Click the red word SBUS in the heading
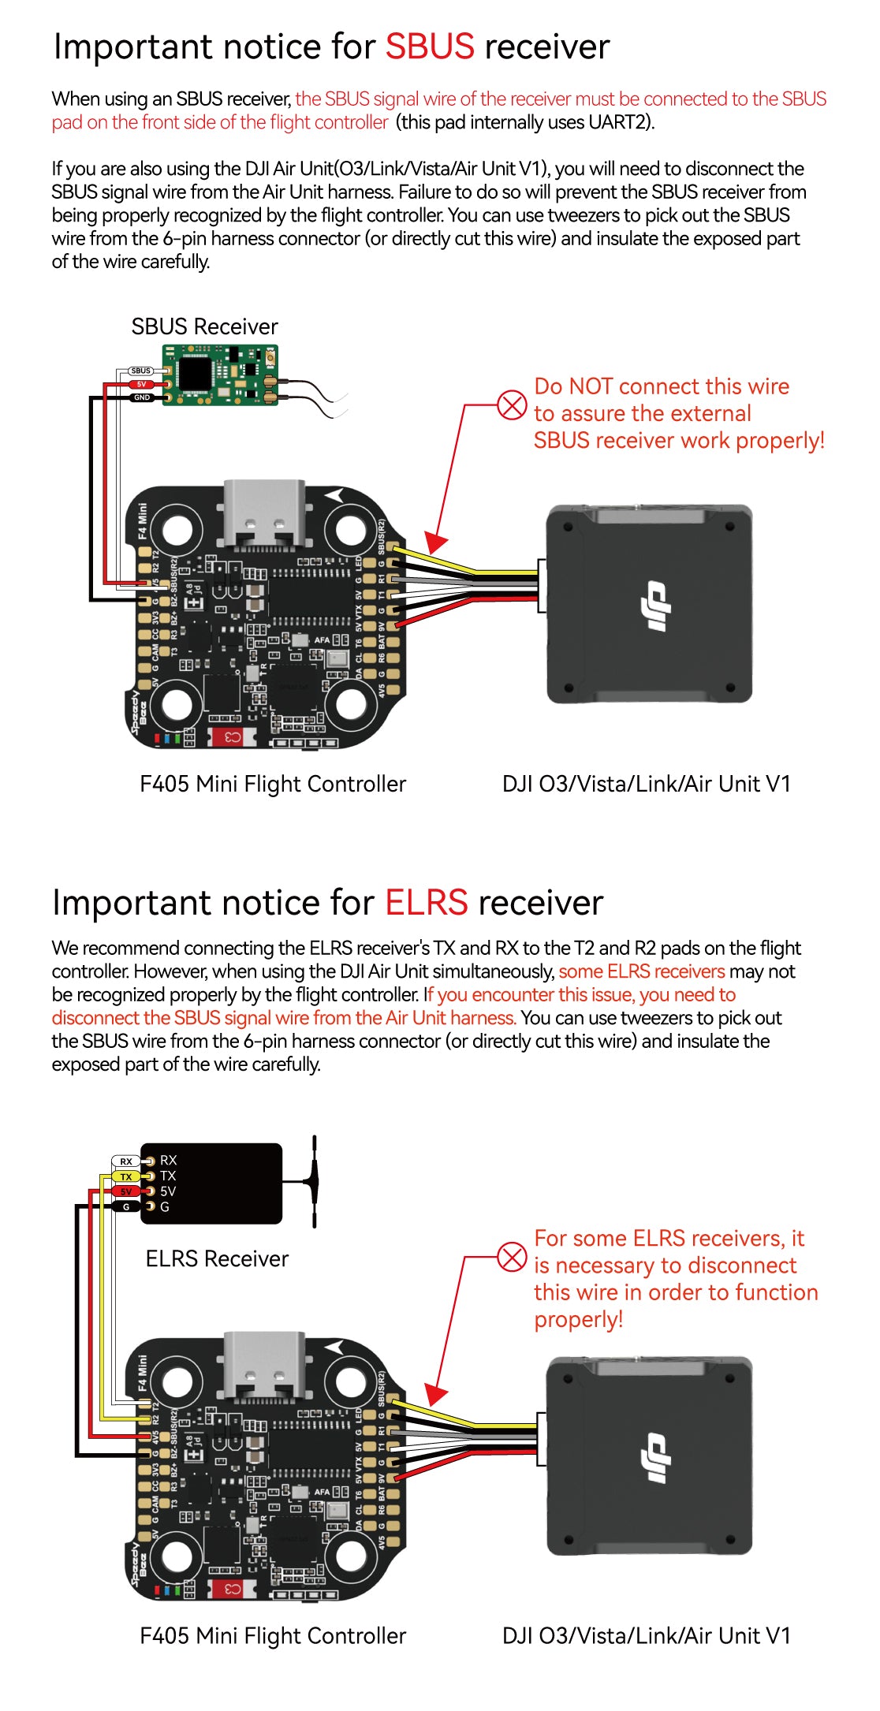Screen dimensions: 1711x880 (430, 47)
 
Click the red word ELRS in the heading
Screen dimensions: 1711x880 (426, 903)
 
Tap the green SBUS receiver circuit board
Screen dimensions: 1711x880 (220, 375)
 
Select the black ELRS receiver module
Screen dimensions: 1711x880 (211, 1183)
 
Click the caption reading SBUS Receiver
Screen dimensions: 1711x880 (204, 326)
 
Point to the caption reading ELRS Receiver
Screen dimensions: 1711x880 (217, 1258)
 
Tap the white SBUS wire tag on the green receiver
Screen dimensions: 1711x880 (141, 371)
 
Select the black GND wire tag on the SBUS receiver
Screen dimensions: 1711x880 (141, 397)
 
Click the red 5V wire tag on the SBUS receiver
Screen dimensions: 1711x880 (141, 384)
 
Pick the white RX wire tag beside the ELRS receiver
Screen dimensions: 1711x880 (126, 1161)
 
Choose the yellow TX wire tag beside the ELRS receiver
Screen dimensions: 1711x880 (126, 1176)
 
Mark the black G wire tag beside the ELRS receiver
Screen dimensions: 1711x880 (126, 1206)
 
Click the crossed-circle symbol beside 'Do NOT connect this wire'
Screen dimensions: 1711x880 (512, 405)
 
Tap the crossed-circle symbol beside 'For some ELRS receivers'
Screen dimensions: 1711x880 (512, 1257)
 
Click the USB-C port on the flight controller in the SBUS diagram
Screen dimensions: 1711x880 (263, 513)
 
